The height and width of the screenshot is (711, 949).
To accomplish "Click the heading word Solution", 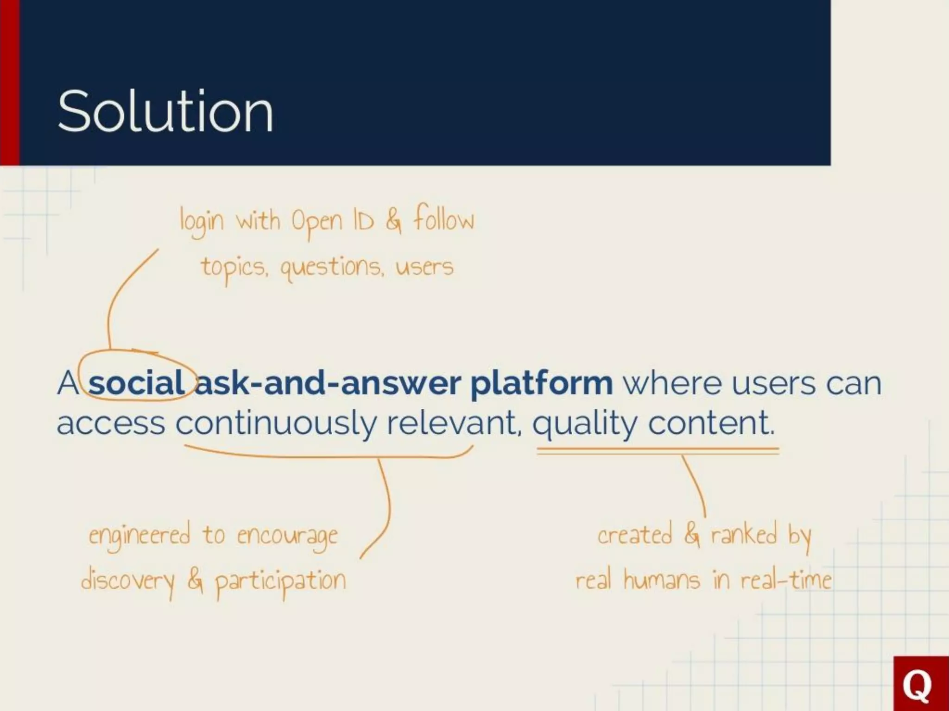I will click(165, 112).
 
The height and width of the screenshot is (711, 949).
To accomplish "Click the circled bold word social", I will click(137, 384).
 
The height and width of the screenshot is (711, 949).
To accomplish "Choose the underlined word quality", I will click(585, 424).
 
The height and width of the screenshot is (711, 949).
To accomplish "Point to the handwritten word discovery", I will click(128, 581).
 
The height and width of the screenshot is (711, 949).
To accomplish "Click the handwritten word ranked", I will click(743, 535).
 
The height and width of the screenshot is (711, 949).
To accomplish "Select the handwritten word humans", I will click(661, 580).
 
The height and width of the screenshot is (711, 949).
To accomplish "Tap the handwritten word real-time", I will click(785, 580).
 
